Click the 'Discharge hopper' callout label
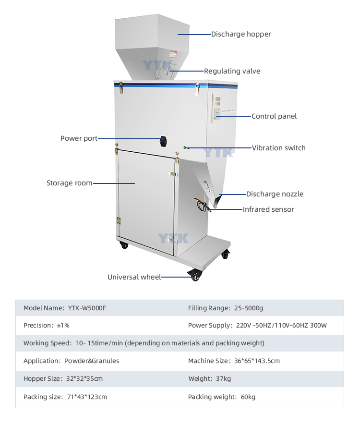(x=241, y=34)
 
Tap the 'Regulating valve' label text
(x=232, y=71)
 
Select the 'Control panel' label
(x=274, y=116)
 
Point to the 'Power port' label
(x=79, y=138)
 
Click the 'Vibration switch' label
(x=278, y=148)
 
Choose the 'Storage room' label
(x=69, y=183)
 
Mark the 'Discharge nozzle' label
(x=275, y=194)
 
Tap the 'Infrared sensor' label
(x=268, y=209)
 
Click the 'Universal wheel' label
(x=134, y=277)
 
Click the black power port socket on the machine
(x=164, y=140)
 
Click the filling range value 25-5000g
(x=249, y=308)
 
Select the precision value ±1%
(x=63, y=325)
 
